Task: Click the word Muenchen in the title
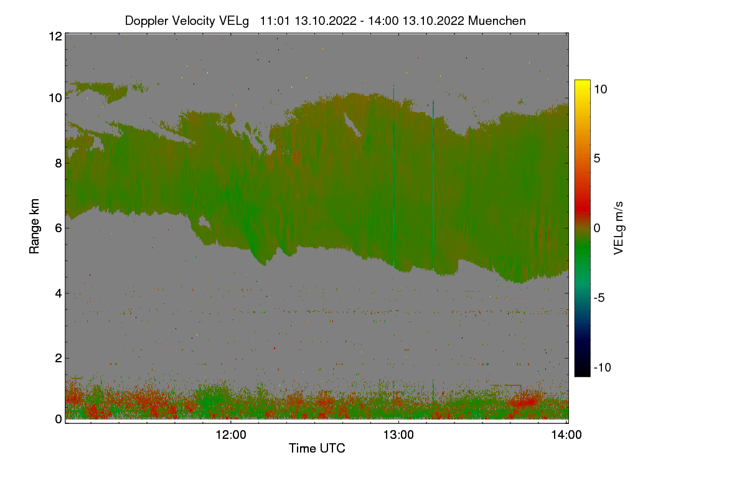click(497, 21)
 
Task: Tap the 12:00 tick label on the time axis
click(231, 435)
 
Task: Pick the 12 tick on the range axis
click(55, 36)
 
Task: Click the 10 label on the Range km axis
click(55, 98)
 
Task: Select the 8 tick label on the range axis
click(58, 163)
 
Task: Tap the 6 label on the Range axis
click(58, 228)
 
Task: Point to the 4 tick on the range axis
click(58, 293)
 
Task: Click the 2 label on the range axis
click(58, 358)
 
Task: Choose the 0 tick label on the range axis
click(58, 419)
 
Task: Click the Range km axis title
click(35, 226)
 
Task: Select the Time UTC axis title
click(317, 448)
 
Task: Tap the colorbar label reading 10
click(600, 89)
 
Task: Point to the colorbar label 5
click(597, 159)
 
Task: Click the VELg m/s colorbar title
click(618, 228)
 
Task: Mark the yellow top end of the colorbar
click(582, 83)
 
